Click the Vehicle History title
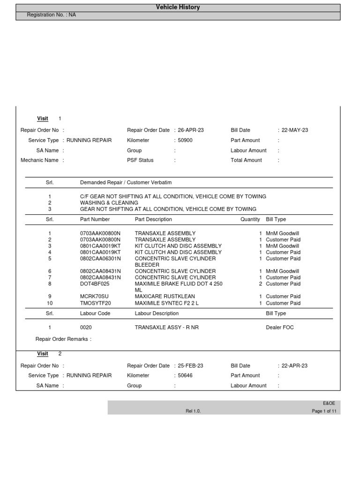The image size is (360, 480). pyautogui.click(x=178, y=7)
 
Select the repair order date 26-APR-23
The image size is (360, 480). pyautogui.click(x=191, y=130)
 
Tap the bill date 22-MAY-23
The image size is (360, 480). pyautogui.click(x=295, y=130)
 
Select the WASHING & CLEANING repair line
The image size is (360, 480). pyautogui.click(x=109, y=203)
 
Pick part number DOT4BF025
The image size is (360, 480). pyautogui.click(x=95, y=284)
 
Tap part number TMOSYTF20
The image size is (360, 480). pyautogui.click(x=95, y=303)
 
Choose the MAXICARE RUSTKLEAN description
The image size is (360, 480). pyautogui.click(x=165, y=297)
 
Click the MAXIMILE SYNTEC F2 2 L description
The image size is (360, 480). pyautogui.click(x=167, y=303)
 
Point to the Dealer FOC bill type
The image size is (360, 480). pyautogui.click(x=280, y=328)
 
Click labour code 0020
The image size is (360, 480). pyautogui.click(x=86, y=328)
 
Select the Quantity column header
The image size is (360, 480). pyautogui.click(x=250, y=219)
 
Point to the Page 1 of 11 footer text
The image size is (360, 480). pyautogui.click(x=324, y=411)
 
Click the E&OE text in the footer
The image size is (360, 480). pyautogui.click(x=329, y=403)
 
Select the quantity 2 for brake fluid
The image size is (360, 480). pyautogui.click(x=261, y=284)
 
